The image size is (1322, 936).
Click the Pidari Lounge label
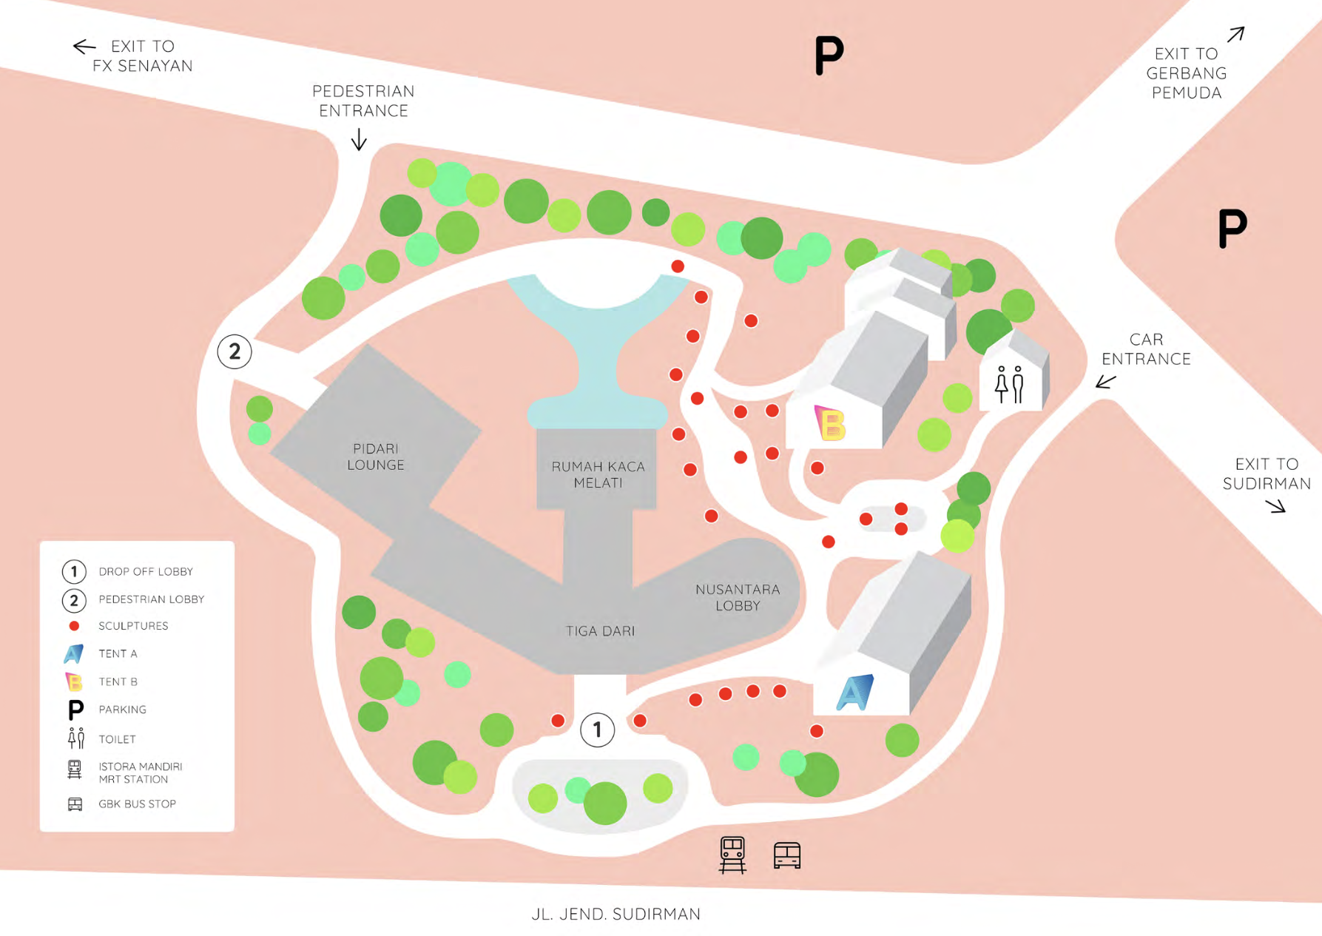coord(376,457)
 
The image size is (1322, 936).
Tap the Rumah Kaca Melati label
coord(598,474)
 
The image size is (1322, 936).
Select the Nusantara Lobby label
coord(738,597)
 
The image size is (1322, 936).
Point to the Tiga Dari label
coord(600,631)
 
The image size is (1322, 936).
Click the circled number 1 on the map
coord(597,730)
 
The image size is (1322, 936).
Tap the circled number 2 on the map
coord(235,351)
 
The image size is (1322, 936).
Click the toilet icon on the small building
coord(1009,384)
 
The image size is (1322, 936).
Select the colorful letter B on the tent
coord(830,423)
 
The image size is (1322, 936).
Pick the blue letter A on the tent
coord(854,693)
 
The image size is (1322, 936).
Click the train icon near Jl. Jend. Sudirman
coord(732,855)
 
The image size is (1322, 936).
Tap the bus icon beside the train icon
coord(786,855)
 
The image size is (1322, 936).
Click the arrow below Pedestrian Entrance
coord(359,139)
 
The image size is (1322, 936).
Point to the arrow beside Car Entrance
coord(1105,382)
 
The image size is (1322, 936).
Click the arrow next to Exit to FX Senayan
coord(84,47)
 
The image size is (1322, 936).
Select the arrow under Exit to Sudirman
coord(1275,506)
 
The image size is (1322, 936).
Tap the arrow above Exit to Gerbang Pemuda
coord(1235,34)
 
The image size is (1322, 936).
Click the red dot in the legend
coord(74,626)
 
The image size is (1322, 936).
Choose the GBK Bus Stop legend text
coord(137,804)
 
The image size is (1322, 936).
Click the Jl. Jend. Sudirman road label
coord(616,914)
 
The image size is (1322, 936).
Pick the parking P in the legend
coord(75,710)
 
